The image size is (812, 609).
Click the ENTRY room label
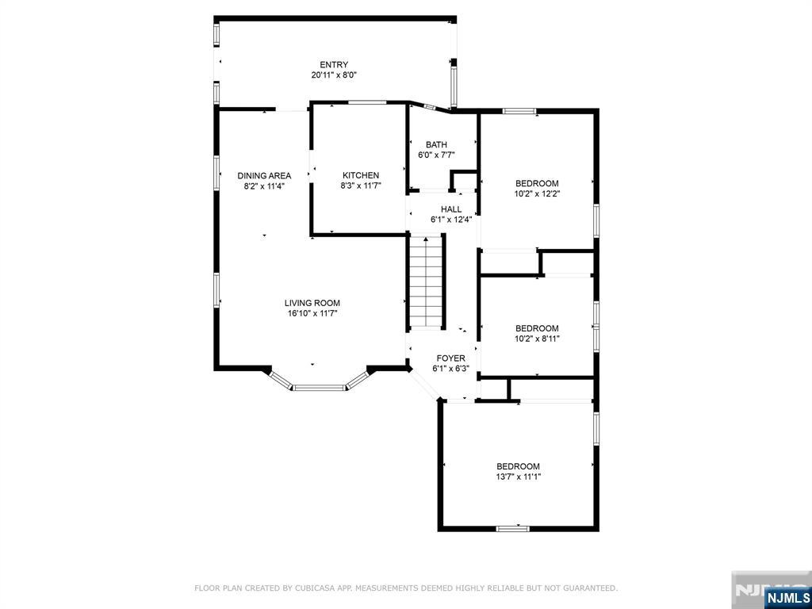pyautogui.click(x=334, y=65)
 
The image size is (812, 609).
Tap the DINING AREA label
pyautogui.click(x=264, y=175)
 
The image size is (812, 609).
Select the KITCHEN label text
pyautogui.click(x=361, y=175)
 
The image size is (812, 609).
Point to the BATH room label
pyautogui.click(x=437, y=144)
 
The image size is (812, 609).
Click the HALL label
pyautogui.click(x=451, y=209)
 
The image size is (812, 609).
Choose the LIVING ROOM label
pyautogui.click(x=312, y=303)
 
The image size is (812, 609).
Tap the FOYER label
pyautogui.click(x=450, y=358)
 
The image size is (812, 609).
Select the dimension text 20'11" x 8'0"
pyautogui.click(x=334, y=75)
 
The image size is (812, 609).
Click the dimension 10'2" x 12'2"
pyautogui.click(x=537, y=193)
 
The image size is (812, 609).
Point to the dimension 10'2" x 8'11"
pyautogui.click(x=537, y=338)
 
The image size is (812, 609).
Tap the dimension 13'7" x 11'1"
pyautogui.click(x=518, y=477)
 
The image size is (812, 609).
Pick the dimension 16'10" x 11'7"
pyautogui.click(x=312, y=313)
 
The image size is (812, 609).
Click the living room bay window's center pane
pyautogui.click(x=320, y=387)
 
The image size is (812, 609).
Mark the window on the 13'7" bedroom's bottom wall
pyautogui.click(x=513, y=529)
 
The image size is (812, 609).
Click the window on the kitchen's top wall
pyautogui.click(x=367, y=102)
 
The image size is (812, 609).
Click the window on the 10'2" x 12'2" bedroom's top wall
pyautogui.click(x=519, y=110)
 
